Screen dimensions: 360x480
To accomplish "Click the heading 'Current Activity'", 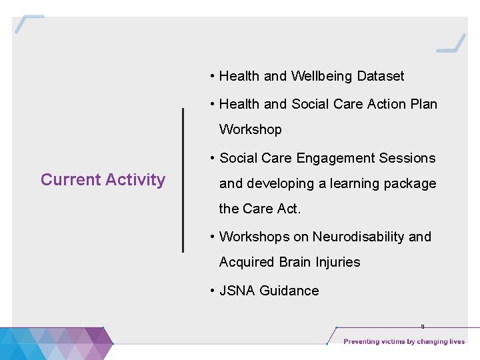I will (x=103, y=180).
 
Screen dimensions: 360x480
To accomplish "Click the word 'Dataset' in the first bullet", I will (x=381, y=76).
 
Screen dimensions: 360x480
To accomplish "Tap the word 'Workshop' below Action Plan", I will (x=251, y=129).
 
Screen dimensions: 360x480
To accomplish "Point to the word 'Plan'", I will (x=423, y=104).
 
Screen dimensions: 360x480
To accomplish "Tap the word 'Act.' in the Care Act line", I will (x=289, y=209).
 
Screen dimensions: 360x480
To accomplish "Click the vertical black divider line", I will (x=183, y=180).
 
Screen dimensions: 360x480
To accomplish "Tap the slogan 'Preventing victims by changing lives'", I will (x=404, y=342).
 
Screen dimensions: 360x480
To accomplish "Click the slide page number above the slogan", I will (x=422, y=327).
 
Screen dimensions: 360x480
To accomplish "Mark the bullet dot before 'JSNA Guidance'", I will (x=211, y=291).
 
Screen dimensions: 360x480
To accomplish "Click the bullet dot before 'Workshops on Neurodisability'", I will (x=211, y=237).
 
